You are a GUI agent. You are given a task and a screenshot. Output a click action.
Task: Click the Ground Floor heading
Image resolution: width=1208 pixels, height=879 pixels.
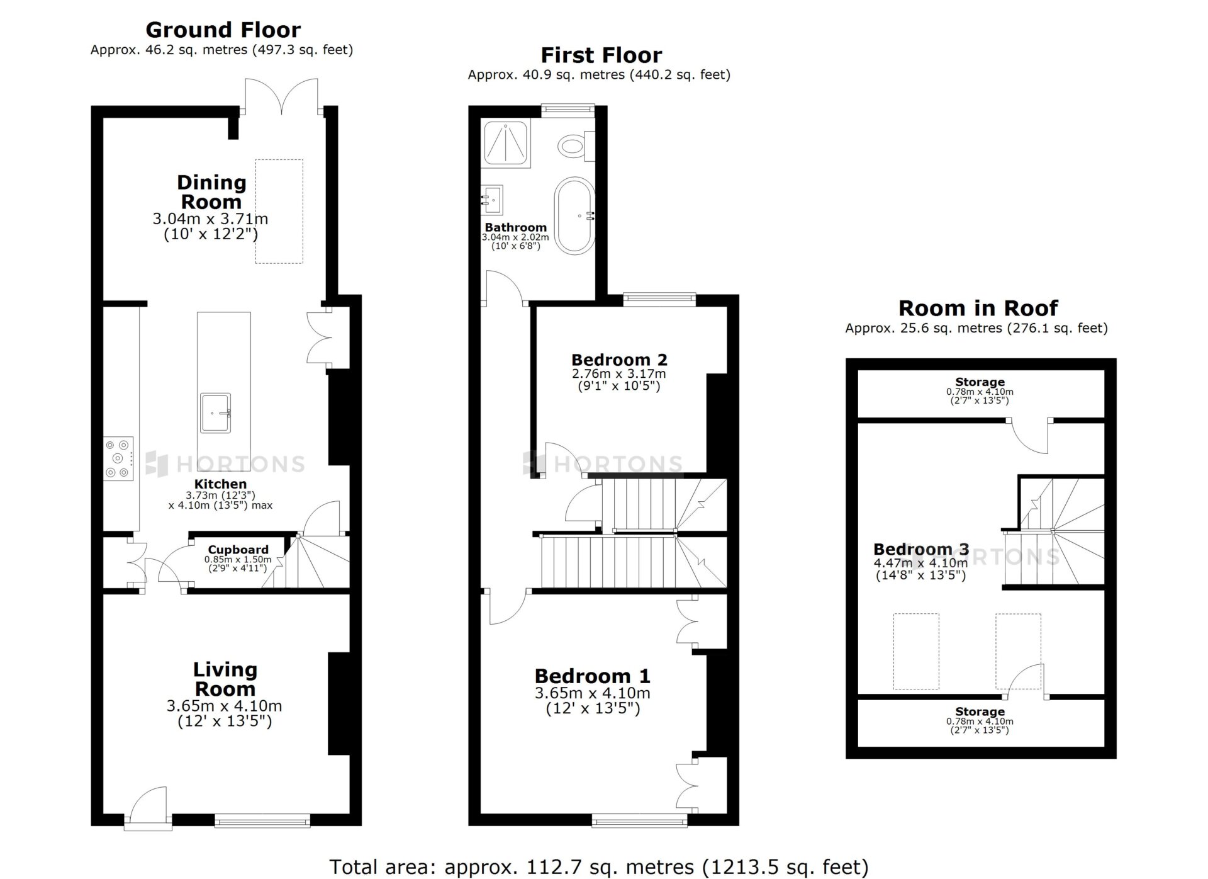pos(223,30)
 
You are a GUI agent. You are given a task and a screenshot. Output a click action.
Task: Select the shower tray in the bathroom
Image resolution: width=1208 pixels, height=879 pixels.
pos(506,143)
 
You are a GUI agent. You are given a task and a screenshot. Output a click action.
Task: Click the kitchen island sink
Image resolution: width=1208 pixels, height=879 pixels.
pos(216,413)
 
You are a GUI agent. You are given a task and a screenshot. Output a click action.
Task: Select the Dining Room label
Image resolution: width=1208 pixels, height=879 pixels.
pos(211,192)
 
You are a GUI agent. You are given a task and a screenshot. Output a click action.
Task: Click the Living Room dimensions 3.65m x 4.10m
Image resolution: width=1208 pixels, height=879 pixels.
pos(225,706)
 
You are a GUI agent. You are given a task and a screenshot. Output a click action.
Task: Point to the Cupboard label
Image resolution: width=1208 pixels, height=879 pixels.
pos(238,550)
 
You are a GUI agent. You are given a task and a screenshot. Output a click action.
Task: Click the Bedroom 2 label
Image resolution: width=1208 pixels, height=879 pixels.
pos(619,360)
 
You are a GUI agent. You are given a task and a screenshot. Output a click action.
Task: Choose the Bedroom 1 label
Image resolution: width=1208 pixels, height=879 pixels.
pos(592,676)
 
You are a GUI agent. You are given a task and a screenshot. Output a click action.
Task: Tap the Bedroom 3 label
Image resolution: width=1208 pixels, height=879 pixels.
pos(921,549)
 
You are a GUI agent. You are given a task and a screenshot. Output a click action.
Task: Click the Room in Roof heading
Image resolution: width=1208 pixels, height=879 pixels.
pos(978,308)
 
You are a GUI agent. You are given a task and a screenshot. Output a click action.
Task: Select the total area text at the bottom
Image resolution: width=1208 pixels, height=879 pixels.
pos(599,867)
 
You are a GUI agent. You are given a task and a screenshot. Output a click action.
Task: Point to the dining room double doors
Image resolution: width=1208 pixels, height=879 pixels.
pos(282,96)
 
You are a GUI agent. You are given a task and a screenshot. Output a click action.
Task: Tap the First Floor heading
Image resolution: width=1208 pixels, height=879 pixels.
pos(601,55)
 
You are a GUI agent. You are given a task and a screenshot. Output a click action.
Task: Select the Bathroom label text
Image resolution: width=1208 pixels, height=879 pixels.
pos(515,227)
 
